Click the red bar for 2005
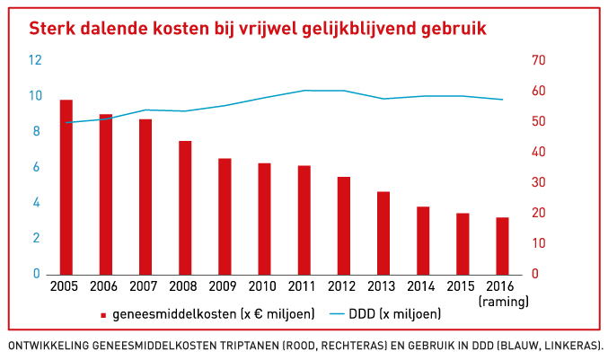click(x=66, y=187)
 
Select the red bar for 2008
click(x=185, y=207)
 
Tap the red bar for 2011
click(x=304, y=220)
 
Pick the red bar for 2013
click(x=383, y=233)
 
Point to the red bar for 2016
click(x=503, y=245)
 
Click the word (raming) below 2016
click(x=504, y=301)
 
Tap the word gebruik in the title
click(x=445, y=28)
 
